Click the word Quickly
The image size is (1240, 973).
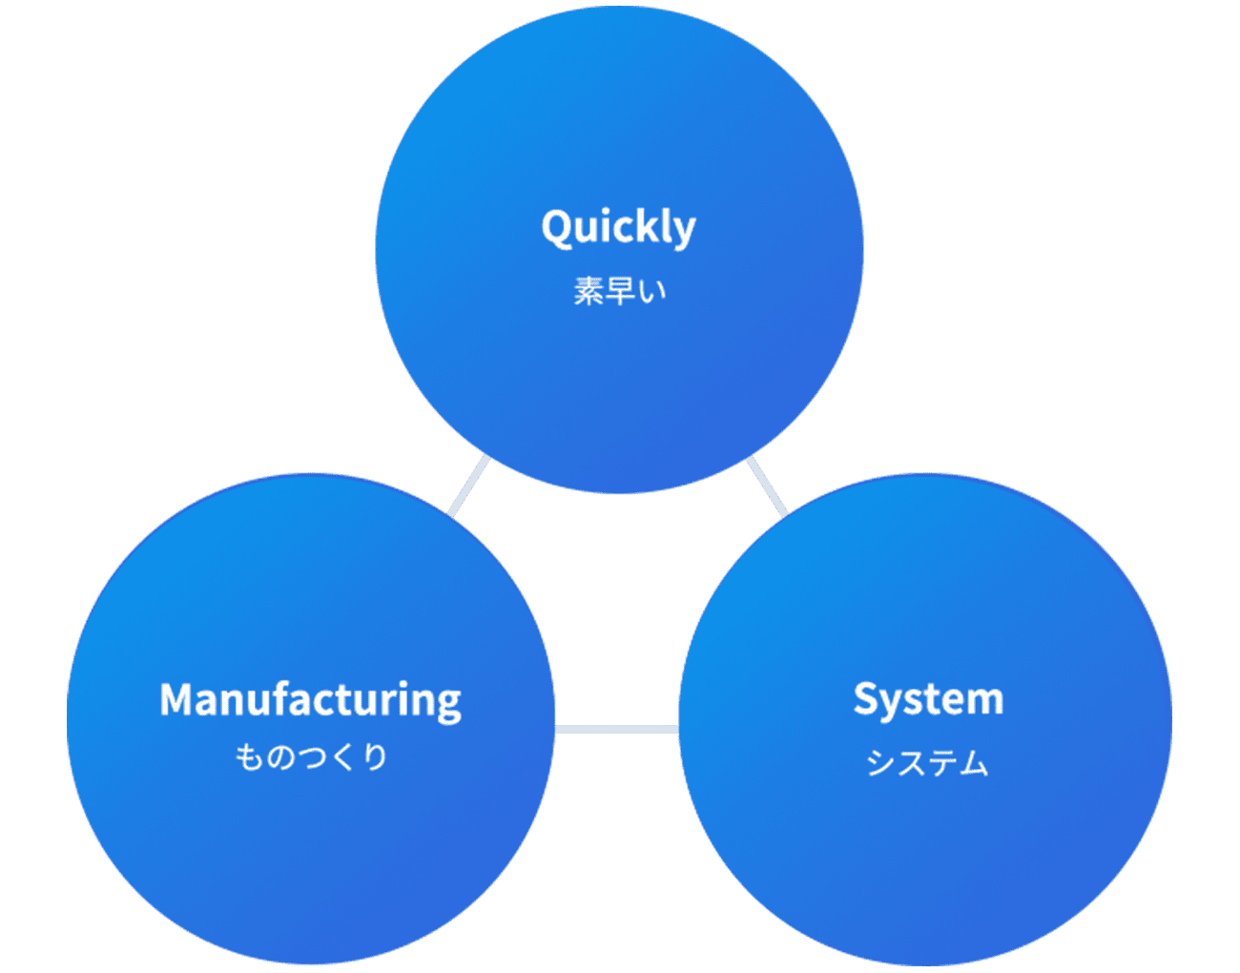tap(618, 228)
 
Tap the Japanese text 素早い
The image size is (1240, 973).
tap(619, 291)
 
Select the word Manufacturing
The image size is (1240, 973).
tap(310, 700)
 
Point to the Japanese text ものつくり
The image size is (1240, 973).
tap(311, 757)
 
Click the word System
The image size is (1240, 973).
tap(927, 700)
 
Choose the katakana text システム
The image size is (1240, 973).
tap(927, 763)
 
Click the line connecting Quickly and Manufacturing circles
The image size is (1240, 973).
tap(469, 486)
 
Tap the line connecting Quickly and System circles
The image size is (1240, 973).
tap(767, 486)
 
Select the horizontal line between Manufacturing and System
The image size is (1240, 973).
tap(616, 730)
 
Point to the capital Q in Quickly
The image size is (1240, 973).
tap(556, 228)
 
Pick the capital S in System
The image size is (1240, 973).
tap(866, 699)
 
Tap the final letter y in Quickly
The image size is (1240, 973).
tap(684, 232)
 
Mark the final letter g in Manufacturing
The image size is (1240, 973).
tap(448, 705)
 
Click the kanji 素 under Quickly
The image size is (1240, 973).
tap(589, 291)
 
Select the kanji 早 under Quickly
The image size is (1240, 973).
tap(620, 291)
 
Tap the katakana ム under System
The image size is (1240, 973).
tap(974, 763)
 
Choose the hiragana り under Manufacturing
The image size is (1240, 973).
tap(375, 757)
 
